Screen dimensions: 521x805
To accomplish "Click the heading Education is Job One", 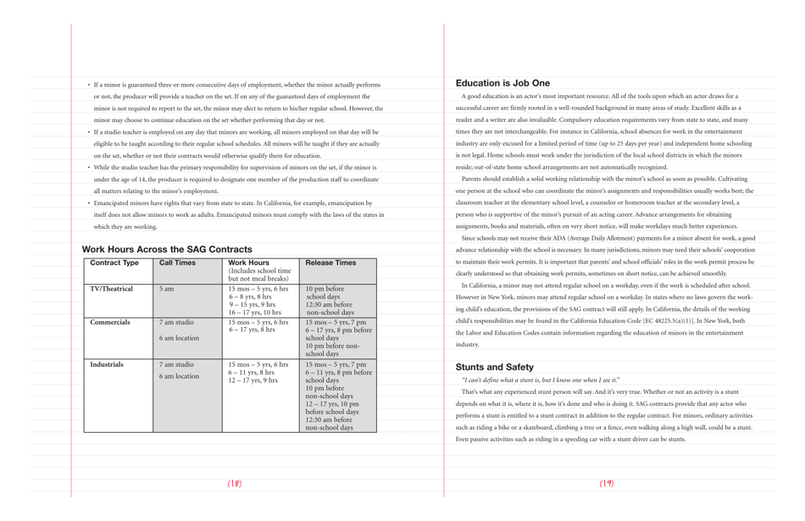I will (x=502, y=83).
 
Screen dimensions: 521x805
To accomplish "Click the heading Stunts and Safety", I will (x=495, y=367).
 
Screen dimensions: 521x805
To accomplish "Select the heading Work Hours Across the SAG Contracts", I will (x=167, y=249).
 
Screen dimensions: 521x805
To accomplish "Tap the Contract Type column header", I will (x=114, y=263).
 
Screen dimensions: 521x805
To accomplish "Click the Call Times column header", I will (x=177, y=263).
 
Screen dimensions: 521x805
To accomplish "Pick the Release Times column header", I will (x=330, y=263).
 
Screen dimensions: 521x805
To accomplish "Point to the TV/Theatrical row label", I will (x=112, y=289).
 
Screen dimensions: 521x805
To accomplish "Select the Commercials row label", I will (x=110, y=323).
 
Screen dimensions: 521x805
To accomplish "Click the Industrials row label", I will (x=107, y=364).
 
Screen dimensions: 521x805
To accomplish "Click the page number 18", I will (x=235, y=484).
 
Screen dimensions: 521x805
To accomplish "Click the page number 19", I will (x=607, y=484).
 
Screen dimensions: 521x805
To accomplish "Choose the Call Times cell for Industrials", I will (x=178, y=370).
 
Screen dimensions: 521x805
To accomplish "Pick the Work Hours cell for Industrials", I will (x=258, y=373).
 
